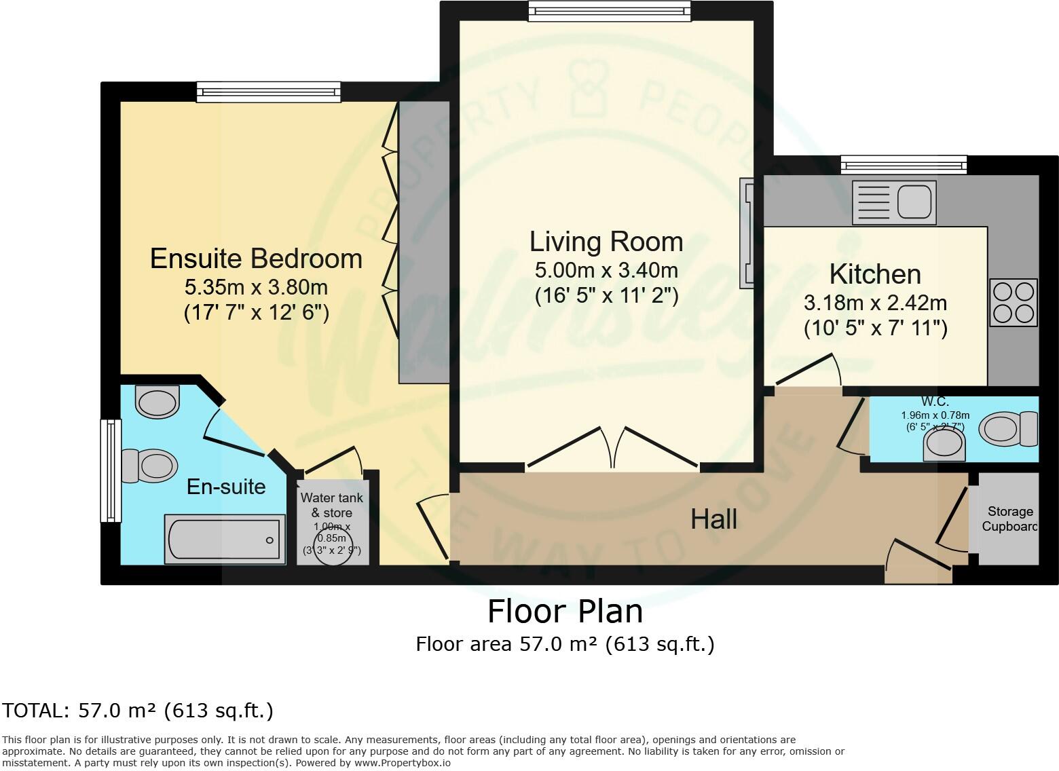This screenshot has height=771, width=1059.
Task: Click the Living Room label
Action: tap(606, 242)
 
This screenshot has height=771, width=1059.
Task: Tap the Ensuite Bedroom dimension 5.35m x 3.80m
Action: tap(256, 287)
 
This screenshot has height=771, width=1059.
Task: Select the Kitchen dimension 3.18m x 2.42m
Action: tap(875, 302)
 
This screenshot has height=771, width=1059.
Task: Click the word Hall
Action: tap(713, 520)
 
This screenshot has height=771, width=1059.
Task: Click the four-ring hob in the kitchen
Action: tap(1014, 302)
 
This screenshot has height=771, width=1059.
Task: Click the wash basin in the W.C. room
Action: tap(944, 444)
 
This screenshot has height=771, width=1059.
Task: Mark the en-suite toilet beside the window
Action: tap(149, 466)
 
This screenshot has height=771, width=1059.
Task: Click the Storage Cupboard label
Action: tap(1009, 519)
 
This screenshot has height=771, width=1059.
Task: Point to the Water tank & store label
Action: tap(332, 505)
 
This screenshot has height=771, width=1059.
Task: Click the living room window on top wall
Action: tap(609, 11)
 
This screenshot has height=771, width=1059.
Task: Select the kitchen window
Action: tap(903, 164)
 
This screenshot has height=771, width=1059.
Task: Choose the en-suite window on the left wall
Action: tap(110, 470)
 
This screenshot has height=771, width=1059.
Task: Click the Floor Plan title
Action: tap(565, 612)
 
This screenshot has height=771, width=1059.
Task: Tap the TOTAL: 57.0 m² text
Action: tap(138, 711)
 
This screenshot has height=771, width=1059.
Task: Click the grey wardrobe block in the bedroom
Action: tap(424, 242)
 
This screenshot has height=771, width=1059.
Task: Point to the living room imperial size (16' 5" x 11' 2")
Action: tap(606, 296)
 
